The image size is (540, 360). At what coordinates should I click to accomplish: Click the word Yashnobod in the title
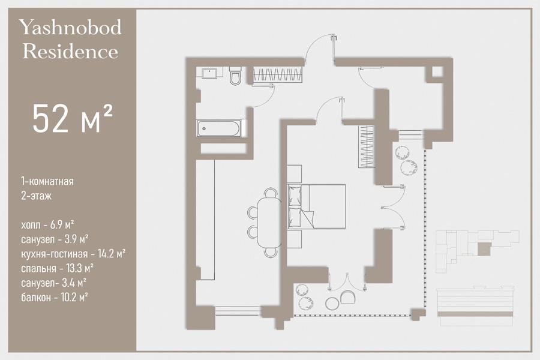[70, 28]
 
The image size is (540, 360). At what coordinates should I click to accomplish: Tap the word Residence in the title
[70, 52]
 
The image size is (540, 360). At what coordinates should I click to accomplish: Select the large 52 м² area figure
[73, 118]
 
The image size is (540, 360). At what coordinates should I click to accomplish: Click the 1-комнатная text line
[47, 181]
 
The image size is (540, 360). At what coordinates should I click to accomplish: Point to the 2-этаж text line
[36, 196]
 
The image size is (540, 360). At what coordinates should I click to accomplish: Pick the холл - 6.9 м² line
[47, 225]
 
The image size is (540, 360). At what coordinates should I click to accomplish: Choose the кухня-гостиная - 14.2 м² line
[73, 254]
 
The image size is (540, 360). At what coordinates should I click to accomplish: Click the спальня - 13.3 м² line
[58, 268]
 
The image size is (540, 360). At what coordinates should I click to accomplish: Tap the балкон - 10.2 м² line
[55, 297]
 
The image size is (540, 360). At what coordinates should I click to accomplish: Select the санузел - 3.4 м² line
[54, 283]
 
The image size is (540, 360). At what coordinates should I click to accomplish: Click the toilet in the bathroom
[236, 76]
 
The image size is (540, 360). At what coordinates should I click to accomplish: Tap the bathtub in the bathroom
[218, 128]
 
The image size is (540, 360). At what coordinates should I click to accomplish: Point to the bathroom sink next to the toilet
[209, 73]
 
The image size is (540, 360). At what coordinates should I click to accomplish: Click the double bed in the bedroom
[316, 206]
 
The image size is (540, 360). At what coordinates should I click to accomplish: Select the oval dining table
[269, 222]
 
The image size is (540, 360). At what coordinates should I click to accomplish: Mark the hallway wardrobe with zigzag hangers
[278, 75]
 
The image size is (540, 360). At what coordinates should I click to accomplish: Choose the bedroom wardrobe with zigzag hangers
[367, 147]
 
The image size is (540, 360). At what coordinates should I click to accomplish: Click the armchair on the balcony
[348, 297]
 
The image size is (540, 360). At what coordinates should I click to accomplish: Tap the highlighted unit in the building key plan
[484, 249]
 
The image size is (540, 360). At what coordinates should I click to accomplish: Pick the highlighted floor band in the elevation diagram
[476, 314]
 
